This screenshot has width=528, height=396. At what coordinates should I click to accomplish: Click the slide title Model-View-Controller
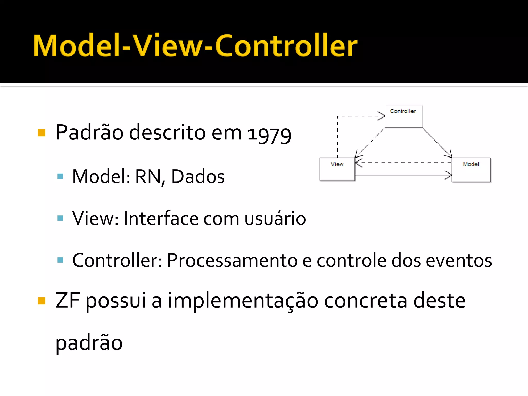click(x=195, y=46)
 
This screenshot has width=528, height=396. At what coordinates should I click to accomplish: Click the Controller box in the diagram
click(x=403, y=116)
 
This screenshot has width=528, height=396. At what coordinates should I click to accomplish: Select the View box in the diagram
click(x=337, y=169)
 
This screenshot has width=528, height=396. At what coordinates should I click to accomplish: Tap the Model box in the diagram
click(x=471, y=170)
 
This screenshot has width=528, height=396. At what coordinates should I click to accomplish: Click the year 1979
click(x=269, y=134)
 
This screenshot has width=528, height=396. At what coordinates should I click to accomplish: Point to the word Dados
click(x=198, y=177)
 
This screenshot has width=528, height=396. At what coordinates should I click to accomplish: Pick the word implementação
click(x=243, y=301)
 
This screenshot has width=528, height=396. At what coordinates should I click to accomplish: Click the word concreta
click(x=366, y=301)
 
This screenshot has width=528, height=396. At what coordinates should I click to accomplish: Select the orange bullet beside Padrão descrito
click(x=42, y=133)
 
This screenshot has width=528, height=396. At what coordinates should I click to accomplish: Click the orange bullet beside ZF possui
click(x=42, y=301)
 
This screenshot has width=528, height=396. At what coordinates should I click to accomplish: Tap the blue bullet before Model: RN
click(x=60, y=176)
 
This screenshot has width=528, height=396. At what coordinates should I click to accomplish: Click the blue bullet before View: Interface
click(x=60, y=218)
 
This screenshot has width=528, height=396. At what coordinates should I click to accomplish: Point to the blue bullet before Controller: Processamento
click(x=60, y=260)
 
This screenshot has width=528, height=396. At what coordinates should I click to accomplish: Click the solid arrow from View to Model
click(x=403, y=175)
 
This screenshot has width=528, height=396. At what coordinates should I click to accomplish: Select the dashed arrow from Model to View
click(x=403, y=163)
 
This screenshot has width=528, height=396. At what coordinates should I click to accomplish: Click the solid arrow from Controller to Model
click(x=437, y=143)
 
